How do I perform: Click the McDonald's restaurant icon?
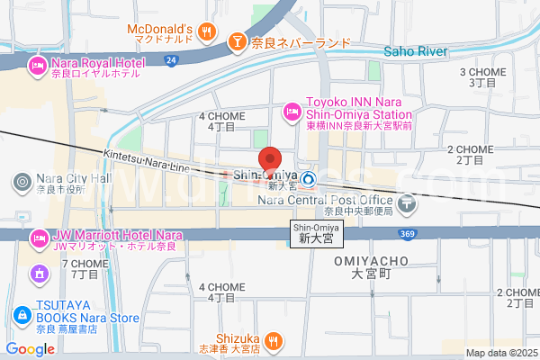208,31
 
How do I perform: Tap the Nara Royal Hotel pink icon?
38,64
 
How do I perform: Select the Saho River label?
416,51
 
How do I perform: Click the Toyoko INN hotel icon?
292,111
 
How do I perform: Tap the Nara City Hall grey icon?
22,183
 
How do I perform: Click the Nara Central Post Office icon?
408,203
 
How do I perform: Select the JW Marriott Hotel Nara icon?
38,239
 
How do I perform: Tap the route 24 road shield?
171,60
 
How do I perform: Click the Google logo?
30,349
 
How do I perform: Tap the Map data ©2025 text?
501,353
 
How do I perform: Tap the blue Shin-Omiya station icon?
308,179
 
